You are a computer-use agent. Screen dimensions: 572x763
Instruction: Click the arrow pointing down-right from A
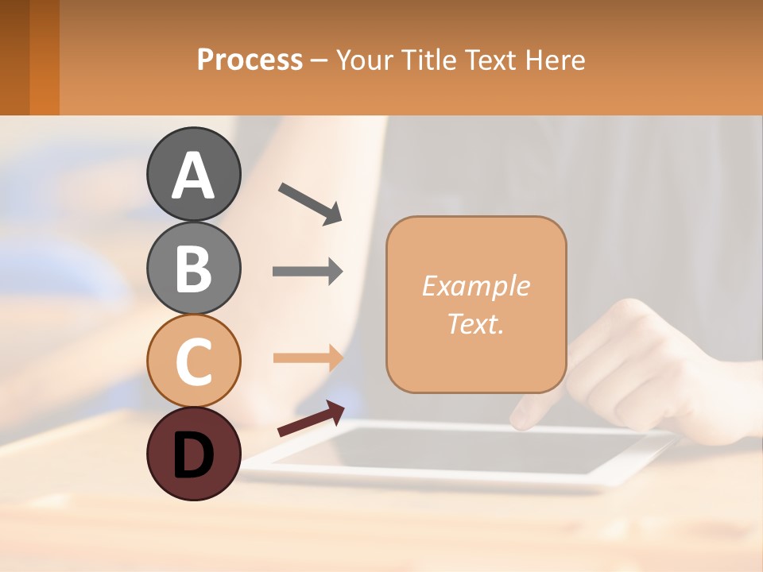pos(310,203)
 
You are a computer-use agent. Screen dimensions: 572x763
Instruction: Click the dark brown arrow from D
pos(311,419)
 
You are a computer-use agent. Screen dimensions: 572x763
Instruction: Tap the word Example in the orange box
pos(475,286)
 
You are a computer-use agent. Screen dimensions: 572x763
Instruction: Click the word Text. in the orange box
pos(475,324)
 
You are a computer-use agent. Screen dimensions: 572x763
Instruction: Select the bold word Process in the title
pos(250,60)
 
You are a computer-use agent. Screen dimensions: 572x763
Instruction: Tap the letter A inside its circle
pos(194,176)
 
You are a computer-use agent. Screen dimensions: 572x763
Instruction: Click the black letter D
pos(194,456)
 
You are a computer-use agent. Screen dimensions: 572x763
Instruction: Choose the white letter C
pos(194,361)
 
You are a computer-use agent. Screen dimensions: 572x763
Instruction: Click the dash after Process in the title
pos(320,60)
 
